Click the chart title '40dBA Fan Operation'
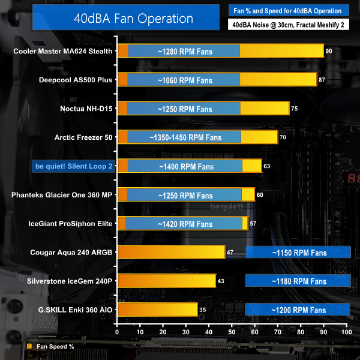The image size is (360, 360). [151, 19]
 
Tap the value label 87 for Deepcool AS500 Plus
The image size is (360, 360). [322, 79]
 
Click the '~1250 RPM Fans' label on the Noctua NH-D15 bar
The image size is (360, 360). [185, 109]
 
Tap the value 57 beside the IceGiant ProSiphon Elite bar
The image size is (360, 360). [253, 224]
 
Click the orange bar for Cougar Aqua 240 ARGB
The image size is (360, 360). [171, 252]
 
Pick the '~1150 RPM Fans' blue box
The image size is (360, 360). [298, 252]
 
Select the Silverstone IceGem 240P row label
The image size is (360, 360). [70, 280]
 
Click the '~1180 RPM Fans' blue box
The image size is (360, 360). [298, 281]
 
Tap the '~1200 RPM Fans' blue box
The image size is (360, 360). [298, 310]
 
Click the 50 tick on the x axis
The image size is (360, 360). [232, 331]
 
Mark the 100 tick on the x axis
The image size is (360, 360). [346, 331]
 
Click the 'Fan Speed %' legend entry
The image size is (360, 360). [51, 346]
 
